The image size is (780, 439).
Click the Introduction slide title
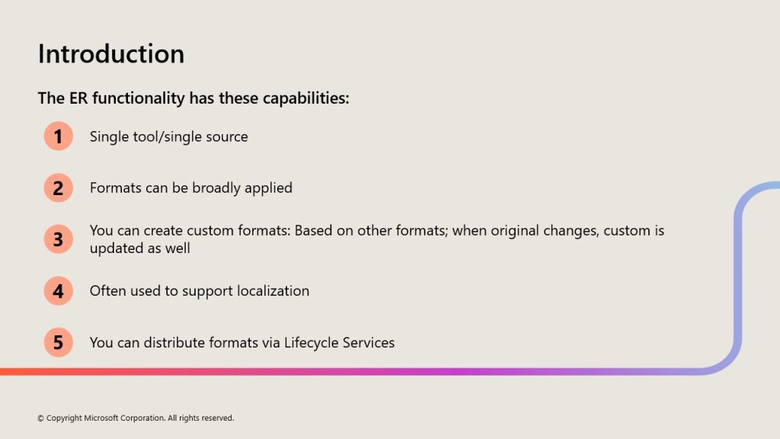click(111, 54)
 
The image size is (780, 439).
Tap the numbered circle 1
click(58, 136)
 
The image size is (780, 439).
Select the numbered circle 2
click(58, 187)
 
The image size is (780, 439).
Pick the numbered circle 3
click(58, 239)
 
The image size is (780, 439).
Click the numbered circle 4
click(58, 290)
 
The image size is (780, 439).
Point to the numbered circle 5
click(58, 342)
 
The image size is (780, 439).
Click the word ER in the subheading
click(78, 98)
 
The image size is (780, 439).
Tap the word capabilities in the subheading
click(305, 98)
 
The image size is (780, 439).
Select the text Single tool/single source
click(168, 137)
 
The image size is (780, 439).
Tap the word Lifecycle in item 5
click(305, 343)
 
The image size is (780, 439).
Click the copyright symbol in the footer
click(41, 418)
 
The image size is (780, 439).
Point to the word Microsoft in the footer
click(101, 418)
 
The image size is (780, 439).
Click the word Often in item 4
click(107, 290)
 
